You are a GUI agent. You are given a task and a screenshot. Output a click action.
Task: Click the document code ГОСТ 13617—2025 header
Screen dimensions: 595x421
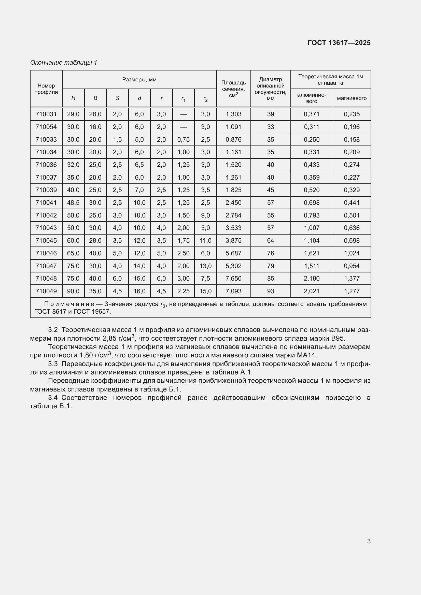click(x=339, y=43)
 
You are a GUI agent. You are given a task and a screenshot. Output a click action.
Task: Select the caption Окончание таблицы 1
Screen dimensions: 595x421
click(x=64, y=63)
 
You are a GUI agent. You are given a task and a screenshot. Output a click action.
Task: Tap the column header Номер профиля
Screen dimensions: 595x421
click(x=46, y=89)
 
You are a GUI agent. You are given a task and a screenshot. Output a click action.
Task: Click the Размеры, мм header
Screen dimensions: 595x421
click(x=139, y=80)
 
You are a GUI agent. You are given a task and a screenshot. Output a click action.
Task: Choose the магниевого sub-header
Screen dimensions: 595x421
click(x=352, y=98)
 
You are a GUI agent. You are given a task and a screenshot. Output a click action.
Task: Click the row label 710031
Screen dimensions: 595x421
click(x=46, y=114)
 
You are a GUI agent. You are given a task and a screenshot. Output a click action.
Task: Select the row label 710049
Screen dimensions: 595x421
click(x=46, y=291)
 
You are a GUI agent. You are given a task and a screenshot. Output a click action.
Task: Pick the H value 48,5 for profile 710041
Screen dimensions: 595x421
click(x=73, y=202)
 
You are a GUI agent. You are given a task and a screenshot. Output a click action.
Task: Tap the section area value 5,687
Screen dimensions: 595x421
click(x=233, y=253)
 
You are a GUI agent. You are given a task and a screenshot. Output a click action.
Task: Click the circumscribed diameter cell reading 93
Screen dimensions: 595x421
click(x=270, y=291)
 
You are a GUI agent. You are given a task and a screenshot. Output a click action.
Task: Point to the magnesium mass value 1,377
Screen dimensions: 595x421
click(x=352, y=278)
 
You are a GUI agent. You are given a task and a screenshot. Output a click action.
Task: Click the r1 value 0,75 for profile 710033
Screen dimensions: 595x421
click(x=183, y=139)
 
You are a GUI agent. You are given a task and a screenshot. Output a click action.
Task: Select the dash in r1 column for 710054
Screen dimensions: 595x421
click(x=183, y=127)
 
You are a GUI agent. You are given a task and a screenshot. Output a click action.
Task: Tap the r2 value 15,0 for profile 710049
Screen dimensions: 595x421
click(x=205, y=291)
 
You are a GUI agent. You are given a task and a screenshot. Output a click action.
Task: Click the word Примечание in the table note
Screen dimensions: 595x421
click(x=69, y=304)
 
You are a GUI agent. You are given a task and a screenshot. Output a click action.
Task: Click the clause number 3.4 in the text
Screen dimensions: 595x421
click(x=53, y=398)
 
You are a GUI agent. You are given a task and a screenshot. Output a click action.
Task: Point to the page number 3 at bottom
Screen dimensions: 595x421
click(x=369, y=541)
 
